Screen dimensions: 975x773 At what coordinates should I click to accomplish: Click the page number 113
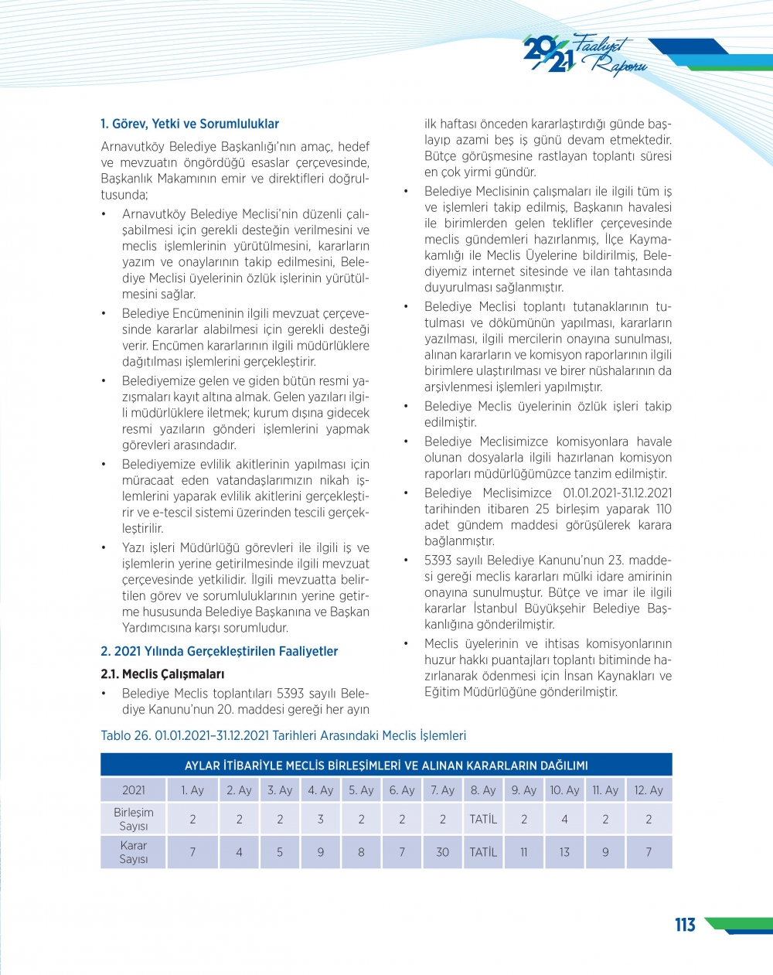pyautogui.click(x=685, y=925)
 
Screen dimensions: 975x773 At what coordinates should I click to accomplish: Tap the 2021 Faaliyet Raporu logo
pyautogui.click(x=584, y=55)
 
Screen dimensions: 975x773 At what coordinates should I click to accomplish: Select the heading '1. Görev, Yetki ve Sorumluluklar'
pyautogui.click(x=189, y=124)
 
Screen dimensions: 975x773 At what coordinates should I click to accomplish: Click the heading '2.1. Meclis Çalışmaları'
pyautogui.click(x=162, y=674)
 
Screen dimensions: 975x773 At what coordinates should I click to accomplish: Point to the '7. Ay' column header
pyautogui.click(x=443, y=790)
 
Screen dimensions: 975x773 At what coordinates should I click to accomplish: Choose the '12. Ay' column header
pyautogui.click(x=649, y=790)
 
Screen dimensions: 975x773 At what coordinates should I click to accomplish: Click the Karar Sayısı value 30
pyautogui.click(x=443, y=852)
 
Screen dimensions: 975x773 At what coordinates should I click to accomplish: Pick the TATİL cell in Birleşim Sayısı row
pyautogui.click(x=483, y=819)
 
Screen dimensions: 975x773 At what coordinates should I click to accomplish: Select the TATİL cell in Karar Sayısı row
pyautogui.click(x=483, y=852)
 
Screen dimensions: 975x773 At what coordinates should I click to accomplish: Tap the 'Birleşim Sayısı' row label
pyautogui.click(x=134, y=819)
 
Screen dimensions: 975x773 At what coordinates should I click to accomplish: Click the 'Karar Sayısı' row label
pyautogui.click(x=134, y=852)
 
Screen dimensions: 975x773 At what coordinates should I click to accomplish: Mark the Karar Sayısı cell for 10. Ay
pyautogui.click(x=564, y=852)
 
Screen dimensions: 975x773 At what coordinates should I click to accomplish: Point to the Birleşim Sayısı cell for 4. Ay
pyautogui.click(x=321, y=819)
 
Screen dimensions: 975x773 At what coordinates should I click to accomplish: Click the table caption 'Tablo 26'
pyautogui.click(x=283, y=735)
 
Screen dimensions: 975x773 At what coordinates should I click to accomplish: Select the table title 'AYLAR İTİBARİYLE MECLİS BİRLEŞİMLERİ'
pyautogui.click(x=386, y=765)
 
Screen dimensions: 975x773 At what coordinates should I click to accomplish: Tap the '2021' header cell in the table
pyautogui.click(x=134, y=790)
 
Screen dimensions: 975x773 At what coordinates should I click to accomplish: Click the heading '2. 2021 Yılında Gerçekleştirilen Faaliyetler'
pyautogui.click(x=219, y=651)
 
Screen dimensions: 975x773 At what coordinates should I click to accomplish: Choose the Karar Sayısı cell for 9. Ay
pyautogui.click(x=524, y=852)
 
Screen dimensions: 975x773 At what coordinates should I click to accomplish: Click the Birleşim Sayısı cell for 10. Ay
pyautogui.click(x=564, y=819)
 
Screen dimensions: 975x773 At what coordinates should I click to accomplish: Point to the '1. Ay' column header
pyautogui.click(x=192, y=790)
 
